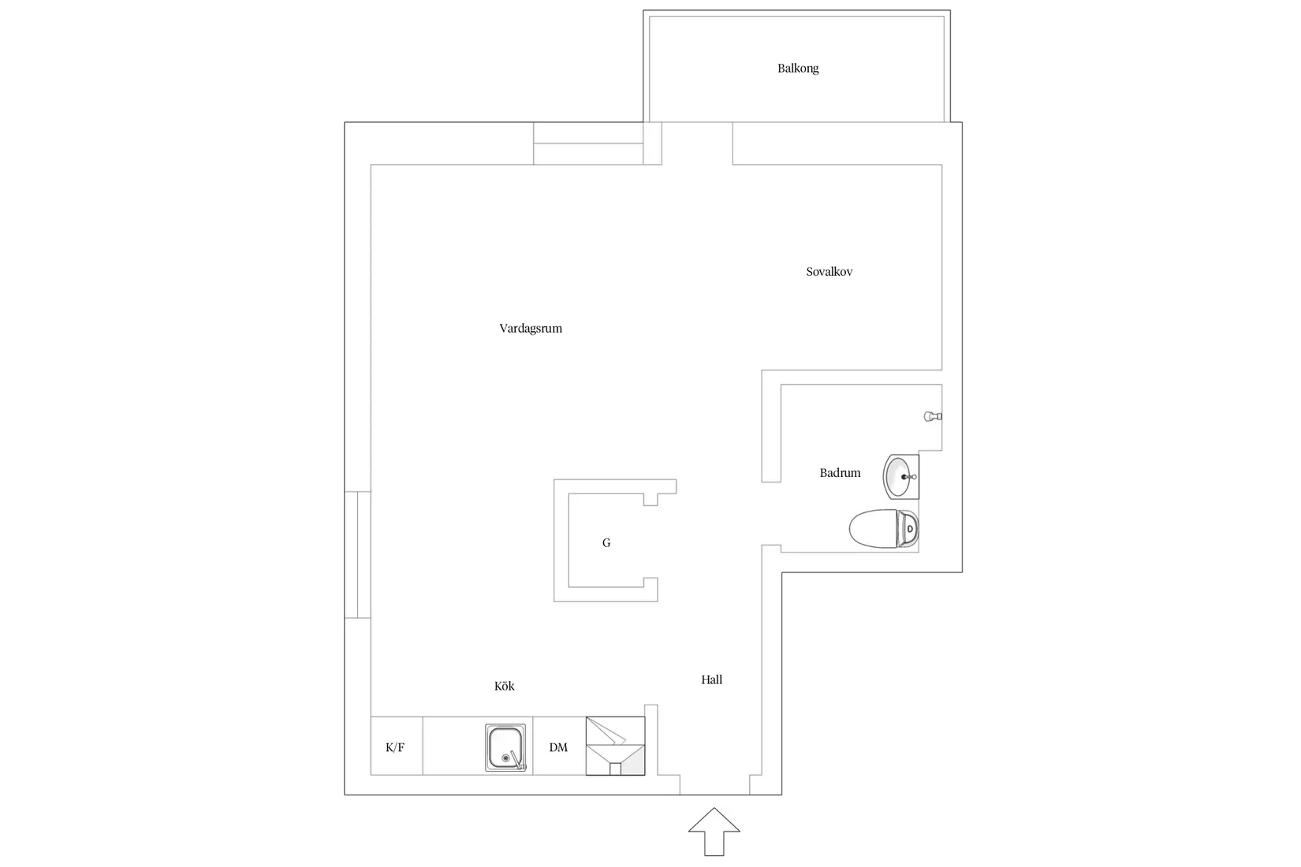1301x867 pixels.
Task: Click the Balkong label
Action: (798, 69)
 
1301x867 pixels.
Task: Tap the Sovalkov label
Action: (829, 271)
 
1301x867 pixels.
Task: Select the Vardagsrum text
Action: (531, 329)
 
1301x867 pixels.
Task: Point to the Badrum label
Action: (840, 473)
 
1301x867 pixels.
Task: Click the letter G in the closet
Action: (606, 543)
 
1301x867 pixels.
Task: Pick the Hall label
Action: (711, 679)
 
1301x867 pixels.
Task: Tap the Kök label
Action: (504, 686)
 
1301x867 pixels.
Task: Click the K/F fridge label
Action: (395, 747)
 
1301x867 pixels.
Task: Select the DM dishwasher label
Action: (558, 747)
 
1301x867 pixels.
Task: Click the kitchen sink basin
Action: (505, 747)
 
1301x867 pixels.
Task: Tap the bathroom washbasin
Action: (900, 477)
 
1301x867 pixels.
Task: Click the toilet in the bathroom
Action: (883, 528)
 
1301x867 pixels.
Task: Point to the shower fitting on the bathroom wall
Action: (933, 416)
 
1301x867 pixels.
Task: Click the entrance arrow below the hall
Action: (714, 831)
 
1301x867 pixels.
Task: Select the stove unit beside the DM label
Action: (615, 746)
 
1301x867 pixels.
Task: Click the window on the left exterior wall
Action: (358, 555)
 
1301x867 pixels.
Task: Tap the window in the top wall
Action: (588, 143)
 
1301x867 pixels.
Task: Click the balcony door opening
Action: (697, 143)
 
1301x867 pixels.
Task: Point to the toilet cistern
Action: (908, 528)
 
